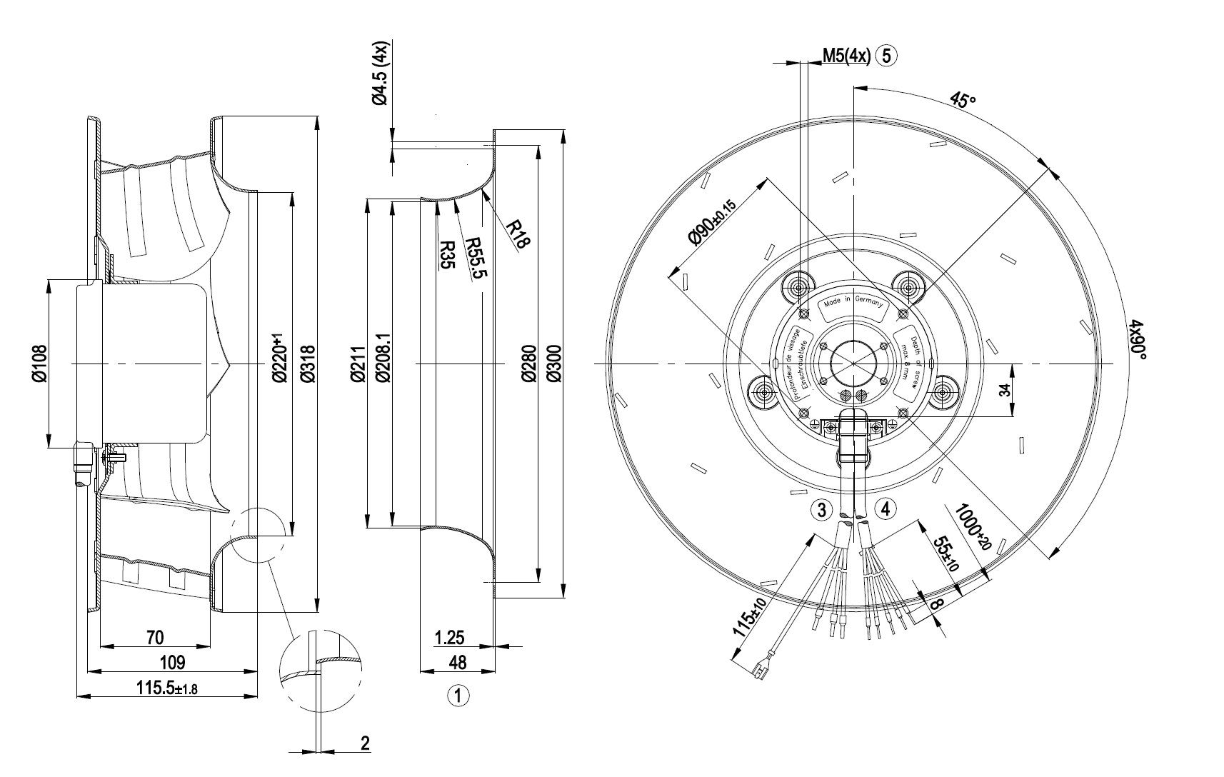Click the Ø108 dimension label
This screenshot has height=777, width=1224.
coord(39,364)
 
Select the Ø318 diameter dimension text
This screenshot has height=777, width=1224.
coord(307,364)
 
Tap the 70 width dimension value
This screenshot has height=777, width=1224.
coord(155,637)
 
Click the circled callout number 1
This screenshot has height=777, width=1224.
coord(458,695)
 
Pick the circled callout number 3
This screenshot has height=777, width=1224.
coord(822,510)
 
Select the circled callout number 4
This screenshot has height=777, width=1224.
coord(886,509)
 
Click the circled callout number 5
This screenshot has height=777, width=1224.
coord(887,56)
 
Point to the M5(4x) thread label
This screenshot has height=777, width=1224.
coord(846,56)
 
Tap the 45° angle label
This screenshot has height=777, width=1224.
coord(962,100)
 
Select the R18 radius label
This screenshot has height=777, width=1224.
coord(519,233)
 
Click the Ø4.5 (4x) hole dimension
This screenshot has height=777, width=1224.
coord(381,74)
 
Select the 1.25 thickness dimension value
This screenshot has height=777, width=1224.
coord(450,637)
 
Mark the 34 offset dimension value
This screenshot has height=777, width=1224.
coord(1005,391)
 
